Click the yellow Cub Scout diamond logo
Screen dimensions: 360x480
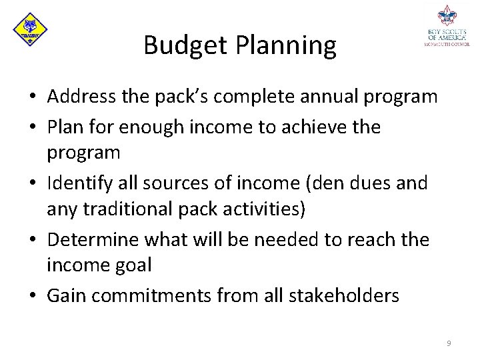pos(30,29)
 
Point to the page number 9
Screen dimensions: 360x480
pos(449,343)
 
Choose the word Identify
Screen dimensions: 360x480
pos(81,183)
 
